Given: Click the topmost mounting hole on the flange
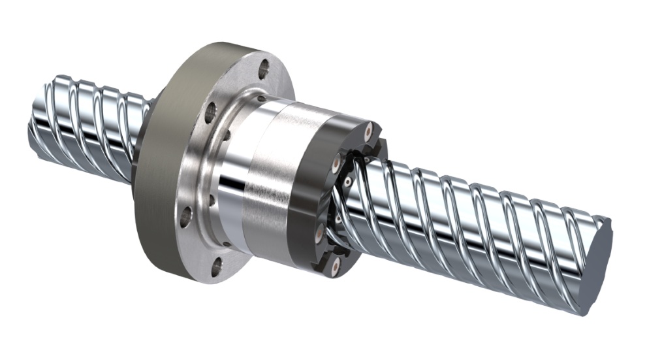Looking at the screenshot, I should point(264,67).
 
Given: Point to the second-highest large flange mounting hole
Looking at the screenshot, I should point(210,112).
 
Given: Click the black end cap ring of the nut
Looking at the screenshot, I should point(307,196).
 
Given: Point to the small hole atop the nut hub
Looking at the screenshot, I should point(259,98).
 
